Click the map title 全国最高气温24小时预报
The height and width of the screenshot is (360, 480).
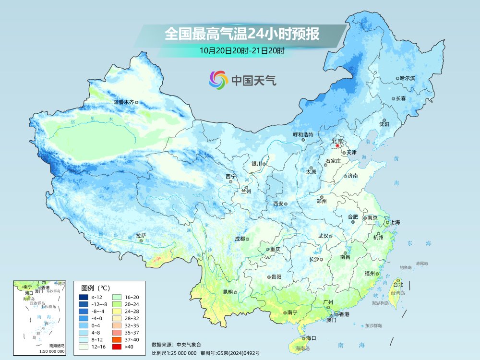(x=242, y=34)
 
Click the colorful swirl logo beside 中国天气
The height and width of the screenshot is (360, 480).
(x=217, y=80)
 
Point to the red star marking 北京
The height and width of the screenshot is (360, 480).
(x=337, y=145)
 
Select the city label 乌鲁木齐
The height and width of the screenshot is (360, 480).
(x=124, y=102)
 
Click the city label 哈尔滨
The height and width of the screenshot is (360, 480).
(x=407, y=78)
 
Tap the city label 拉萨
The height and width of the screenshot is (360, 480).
(x=141, y=236)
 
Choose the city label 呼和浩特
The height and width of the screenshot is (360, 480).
(x=303, y=135)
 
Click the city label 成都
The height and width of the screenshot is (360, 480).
(x=240, y=239)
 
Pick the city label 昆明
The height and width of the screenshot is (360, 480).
(x=228, y=292)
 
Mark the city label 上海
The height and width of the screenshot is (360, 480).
(x=395, y=222)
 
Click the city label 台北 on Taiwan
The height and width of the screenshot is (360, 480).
(x=398, y=285)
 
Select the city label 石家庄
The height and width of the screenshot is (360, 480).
(x=333, y=161)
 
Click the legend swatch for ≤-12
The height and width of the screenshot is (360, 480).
(x=83, y=298)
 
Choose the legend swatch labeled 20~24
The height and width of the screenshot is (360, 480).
(x=117, y=304)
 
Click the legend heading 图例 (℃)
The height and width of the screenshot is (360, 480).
(x=96, y=288)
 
